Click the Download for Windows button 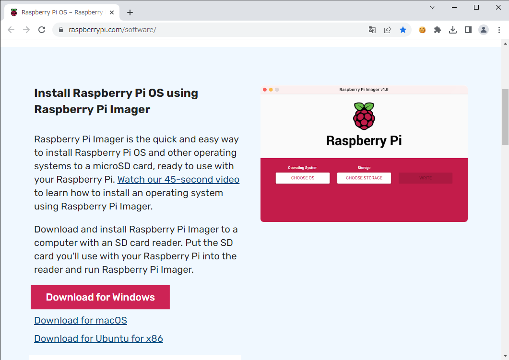pyautogui.click(x=100, y=297)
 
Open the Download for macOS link pyautogui.click(x=81, y=320)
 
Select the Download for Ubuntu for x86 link pyautogui.click(x=98, y=338)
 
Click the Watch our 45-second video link pyautogui.click(x=178, y=179)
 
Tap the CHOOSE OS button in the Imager pyautogui.click(x=303, y=178)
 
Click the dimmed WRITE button pyautogui.click(x=425, y=178)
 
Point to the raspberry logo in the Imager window pyautogui.click(x=364, y=116)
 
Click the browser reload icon pyautogui.click(x=42, y=30)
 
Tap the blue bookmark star pyautogui.click(x=403, y=30)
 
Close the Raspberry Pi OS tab pyautogui.click(x=112, y=12)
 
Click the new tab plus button pyautogui.click(x=130, y=12)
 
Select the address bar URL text pyautogui.click(x=112, y=30)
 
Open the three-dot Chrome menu pyautogui.click(x=499, y=30)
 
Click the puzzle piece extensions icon pyautogui.click(x=437, y=30)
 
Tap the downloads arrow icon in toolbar pyautogui.click(x=453, y=30)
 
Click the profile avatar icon pyautogui.click(x=484, y=30)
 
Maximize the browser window pyautogui.click(x=476, y=7)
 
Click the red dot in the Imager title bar pyautogui.click(x=265, y=90)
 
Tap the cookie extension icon pyautogui.click(x=422, y=30)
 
